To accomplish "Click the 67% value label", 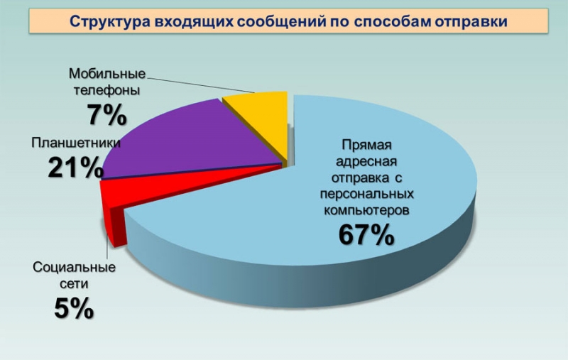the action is point(366,235).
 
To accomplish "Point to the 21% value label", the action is point(76,168).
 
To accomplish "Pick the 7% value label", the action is point(107,115).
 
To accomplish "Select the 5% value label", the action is point(75,309).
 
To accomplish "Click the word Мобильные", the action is point(107,74).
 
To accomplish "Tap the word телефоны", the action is point(107,90).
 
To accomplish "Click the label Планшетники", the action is point(76,143).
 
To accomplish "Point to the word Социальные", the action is point(75,268).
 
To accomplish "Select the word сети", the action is point(74,284).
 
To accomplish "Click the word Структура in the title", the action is point(110,22).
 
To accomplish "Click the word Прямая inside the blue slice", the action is point(367,145).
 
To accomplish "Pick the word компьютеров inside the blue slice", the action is point(366,210).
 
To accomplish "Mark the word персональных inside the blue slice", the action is point(366,194).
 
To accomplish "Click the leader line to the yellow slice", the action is point(201,84).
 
